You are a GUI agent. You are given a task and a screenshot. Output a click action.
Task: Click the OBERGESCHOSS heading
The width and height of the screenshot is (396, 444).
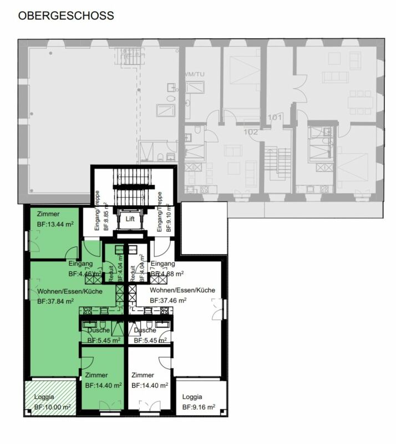(66, 16)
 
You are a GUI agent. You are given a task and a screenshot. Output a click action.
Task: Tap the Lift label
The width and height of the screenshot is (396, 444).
(130, 219)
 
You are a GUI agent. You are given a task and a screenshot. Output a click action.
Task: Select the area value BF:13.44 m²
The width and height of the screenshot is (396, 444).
(55, 224)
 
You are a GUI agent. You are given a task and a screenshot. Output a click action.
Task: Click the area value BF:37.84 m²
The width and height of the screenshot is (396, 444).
(56, 302)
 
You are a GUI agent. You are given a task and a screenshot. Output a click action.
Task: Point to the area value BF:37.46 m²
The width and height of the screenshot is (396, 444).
(168, 300)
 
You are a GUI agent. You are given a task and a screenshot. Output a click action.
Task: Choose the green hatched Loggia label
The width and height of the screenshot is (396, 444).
(44, 397)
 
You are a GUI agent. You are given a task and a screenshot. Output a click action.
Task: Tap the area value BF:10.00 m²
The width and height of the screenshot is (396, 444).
(52, 407)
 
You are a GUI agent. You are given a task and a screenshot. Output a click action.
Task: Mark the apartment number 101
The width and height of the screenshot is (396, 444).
(275, 118)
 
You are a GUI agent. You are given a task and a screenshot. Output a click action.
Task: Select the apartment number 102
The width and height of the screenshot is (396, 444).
(251, 132)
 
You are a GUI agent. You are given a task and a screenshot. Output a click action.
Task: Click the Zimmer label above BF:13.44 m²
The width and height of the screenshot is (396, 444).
(48, 214)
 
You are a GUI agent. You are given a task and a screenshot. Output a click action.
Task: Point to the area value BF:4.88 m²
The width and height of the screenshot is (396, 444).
(167, 274)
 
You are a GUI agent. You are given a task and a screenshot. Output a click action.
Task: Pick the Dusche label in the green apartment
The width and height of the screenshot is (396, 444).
(99, 330)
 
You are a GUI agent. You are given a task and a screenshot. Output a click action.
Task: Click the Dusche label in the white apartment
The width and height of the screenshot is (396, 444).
(145, 330)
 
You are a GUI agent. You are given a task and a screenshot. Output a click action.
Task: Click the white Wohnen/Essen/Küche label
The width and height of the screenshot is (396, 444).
(182, 290)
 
